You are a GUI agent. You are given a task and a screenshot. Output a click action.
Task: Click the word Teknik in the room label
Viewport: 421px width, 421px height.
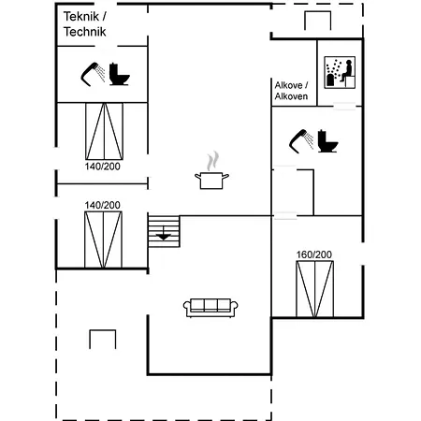tap(81, 17)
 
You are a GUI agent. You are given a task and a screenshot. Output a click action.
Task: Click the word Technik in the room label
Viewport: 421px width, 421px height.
tap(85, 32)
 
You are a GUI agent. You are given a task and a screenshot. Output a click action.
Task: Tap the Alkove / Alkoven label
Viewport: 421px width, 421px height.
tap(291, 91)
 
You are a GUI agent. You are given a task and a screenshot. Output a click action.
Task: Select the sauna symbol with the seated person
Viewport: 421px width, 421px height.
tap(340, 72)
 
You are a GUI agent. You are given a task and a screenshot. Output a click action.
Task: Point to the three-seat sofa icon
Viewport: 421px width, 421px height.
tap(210, 308)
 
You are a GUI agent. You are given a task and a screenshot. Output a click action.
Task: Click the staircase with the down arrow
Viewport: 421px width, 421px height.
tap(164, 231)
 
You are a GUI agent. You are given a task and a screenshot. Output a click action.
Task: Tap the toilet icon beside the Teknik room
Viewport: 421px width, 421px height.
tap(119, 74)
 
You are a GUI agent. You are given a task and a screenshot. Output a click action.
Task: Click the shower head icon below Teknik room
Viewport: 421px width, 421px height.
tap(94, 74)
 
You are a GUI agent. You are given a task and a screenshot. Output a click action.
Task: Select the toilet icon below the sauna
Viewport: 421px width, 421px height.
tap(327, 141)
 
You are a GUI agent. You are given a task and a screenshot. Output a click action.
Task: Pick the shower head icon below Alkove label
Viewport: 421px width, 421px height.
tap(301, 141)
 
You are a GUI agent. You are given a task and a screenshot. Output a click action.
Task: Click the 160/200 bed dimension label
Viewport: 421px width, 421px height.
tap(313, 254)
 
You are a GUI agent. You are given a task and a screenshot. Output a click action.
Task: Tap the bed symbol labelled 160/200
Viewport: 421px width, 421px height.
tap(314, 289)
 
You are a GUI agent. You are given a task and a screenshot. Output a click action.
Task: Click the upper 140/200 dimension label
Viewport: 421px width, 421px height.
tap(103, 167)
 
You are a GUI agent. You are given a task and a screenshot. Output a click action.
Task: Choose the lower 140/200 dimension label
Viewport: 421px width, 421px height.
tap(103, 205)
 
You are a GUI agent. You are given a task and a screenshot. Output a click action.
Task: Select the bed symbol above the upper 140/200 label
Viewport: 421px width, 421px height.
tap(104, 131)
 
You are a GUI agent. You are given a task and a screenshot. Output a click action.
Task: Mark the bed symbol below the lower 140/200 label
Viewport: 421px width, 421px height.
tap(103, 240)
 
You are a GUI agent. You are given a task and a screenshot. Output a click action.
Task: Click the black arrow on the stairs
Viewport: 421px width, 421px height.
tap(164, 237)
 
